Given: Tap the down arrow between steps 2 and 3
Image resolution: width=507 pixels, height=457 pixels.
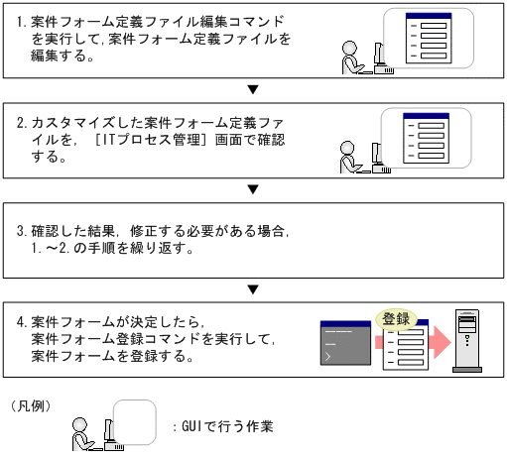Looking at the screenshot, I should (253, 188).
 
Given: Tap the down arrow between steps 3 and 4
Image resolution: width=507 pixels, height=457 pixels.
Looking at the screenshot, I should (253, 289).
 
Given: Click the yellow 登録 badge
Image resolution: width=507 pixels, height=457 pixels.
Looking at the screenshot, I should (396, 320).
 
